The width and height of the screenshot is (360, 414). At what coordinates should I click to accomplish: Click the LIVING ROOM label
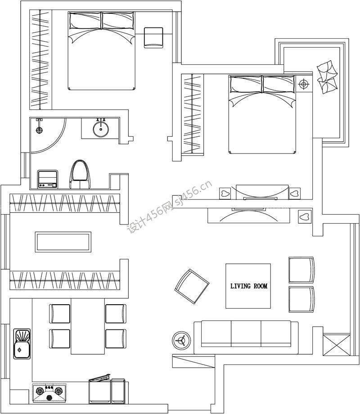(x=248, y=286)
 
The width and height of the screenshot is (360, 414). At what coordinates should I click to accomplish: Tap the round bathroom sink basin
(x=101, y=129)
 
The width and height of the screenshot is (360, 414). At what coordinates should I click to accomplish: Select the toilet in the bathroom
(x=79, y=175)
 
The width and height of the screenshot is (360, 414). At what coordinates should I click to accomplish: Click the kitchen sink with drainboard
(x=22, y=344)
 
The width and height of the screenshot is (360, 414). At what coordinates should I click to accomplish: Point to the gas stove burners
(x=49, y=393)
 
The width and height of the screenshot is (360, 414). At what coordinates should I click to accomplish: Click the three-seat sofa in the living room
(x=246, y=337)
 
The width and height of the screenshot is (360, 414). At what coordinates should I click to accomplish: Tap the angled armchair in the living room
(x=192, y=287)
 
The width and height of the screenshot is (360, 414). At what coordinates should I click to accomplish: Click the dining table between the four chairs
(x=88, y=326)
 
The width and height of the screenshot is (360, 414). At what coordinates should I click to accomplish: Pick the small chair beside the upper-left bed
(x=153, y=38)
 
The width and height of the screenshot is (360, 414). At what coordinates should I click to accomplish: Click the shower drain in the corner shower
(x=39, y=130)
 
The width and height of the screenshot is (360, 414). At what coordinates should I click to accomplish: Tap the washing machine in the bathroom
(x=48, y=179)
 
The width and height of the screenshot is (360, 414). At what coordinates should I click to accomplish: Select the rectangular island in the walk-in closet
(x=63, y=242)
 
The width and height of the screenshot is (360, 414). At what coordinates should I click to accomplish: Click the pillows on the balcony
(x=328, y=77)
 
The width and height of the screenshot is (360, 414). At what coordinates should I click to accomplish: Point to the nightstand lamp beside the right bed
(x=304, y=84)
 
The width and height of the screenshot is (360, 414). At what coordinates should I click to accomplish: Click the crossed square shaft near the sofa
(x=336, y=345)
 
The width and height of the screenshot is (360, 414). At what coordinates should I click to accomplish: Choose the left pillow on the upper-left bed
(x=85, y=21)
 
